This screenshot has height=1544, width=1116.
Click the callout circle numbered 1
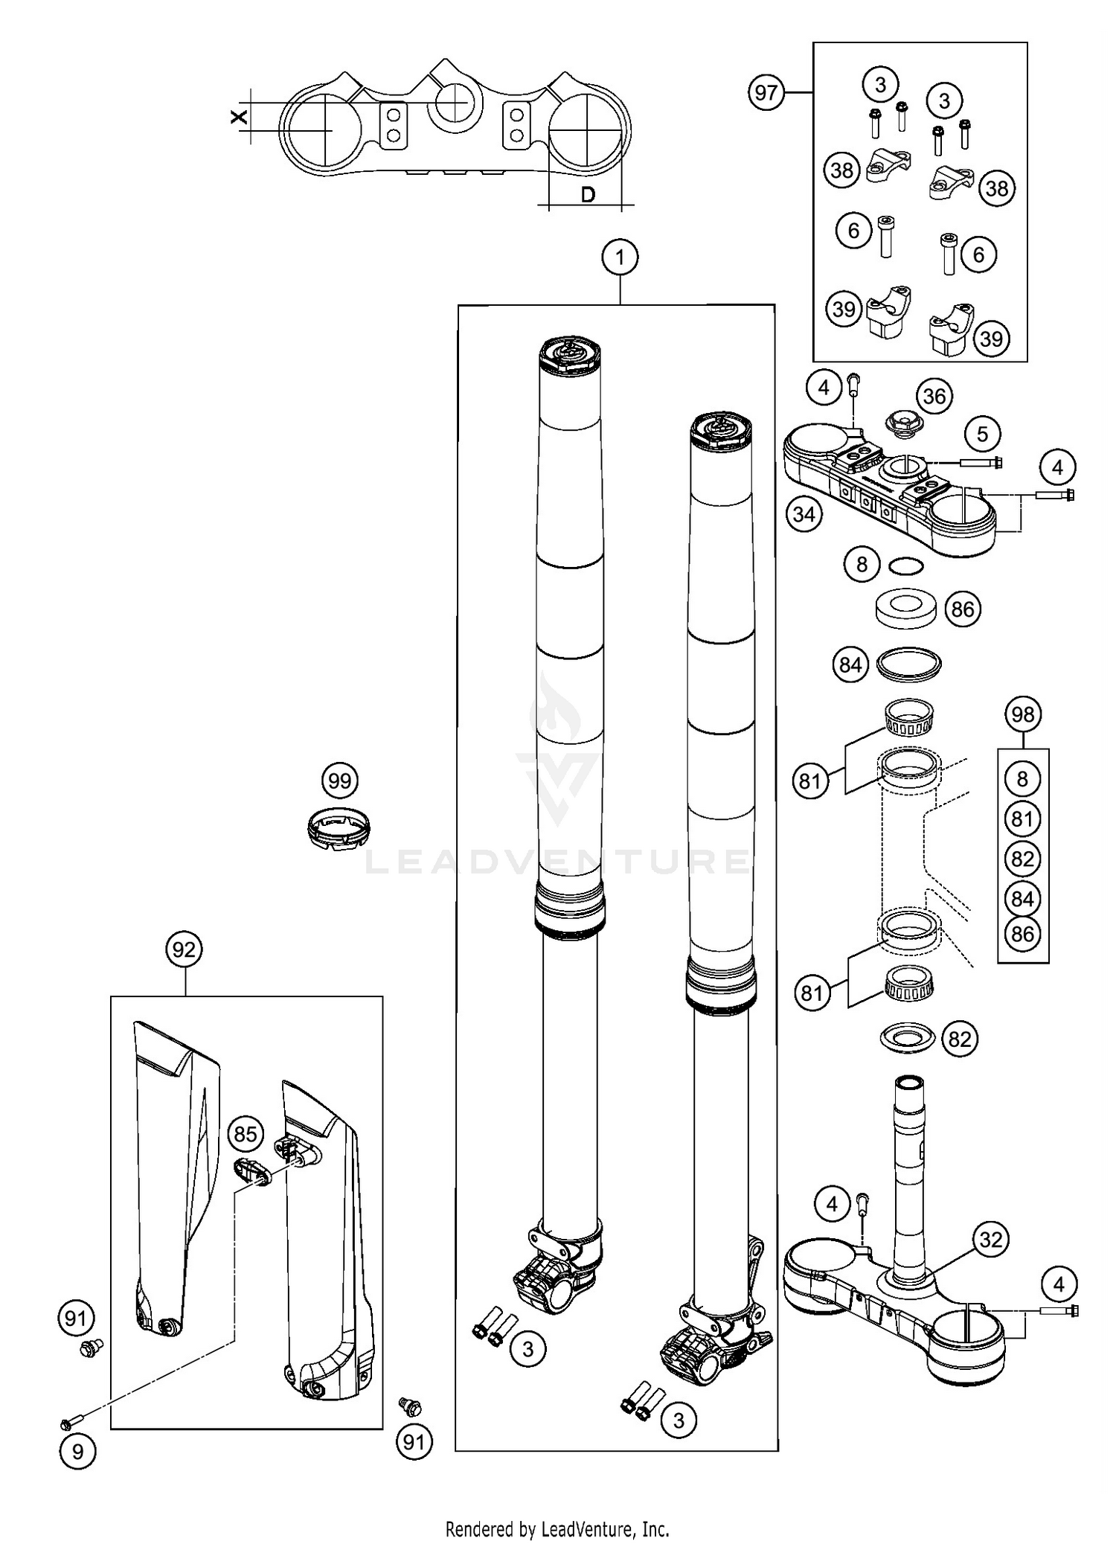(x=620, y=258)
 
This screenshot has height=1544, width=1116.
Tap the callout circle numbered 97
(x=766, y=92)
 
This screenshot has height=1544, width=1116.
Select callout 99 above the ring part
(x=340, y=781)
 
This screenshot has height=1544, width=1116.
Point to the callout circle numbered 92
(x=184, y=949)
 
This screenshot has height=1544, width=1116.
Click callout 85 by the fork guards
(x=246, y=1135)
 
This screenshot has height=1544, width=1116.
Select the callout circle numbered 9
(x=77, y=1450)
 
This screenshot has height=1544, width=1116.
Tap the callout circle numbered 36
(x=934, y=396)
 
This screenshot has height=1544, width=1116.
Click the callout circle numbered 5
(x=982, y=434)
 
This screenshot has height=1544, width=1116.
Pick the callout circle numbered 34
(x=804, y=514)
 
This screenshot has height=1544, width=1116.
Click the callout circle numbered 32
(x=991, y=1240)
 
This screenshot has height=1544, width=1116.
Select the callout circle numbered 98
(x=1023, y=714)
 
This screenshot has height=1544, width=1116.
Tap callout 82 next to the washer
(x=959, y=1039)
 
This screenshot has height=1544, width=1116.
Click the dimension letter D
(x=588, y=195)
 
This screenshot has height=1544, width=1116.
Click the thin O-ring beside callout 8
(x=906, y=566)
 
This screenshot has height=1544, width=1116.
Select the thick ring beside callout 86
(x=903, y=609)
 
